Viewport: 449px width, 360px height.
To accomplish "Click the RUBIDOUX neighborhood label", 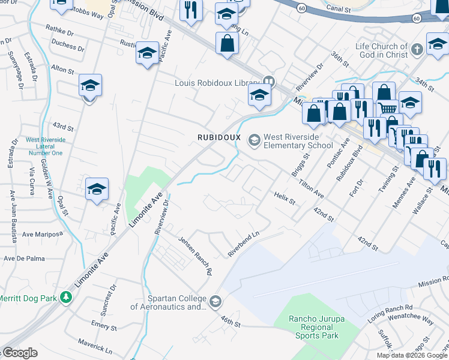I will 219,137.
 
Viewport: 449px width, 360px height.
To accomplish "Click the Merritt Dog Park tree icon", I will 70,296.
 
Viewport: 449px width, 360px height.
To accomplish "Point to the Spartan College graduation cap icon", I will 215,301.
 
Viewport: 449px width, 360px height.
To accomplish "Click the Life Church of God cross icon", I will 418,51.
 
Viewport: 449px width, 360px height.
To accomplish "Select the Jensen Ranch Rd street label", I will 196,255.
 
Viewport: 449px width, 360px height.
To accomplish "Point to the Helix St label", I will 285,198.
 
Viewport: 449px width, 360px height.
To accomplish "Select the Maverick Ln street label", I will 95,345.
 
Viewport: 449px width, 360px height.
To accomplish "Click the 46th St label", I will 229,323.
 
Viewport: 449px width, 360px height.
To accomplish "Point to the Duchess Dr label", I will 64,46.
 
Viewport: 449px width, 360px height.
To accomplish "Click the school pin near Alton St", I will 90,86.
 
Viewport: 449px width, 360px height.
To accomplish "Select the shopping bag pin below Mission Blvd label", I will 227,43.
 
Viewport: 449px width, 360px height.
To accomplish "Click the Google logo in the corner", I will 20,353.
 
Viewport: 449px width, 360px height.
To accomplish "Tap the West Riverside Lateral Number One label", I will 44,146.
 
